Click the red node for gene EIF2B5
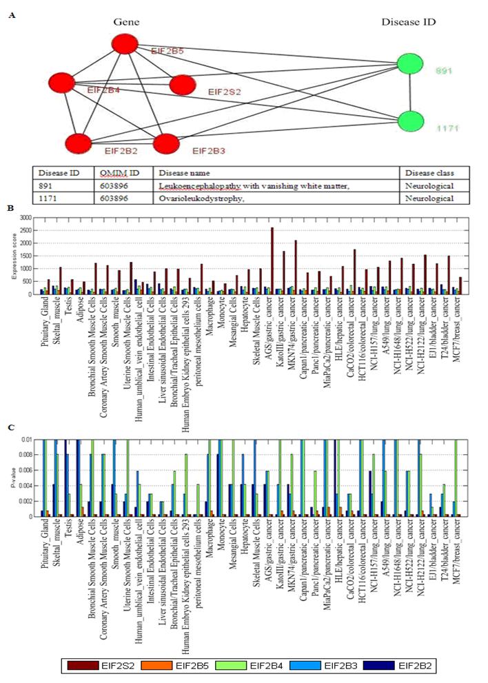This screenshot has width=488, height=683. (125, 45)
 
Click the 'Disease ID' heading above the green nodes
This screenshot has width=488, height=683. (408, 22)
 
